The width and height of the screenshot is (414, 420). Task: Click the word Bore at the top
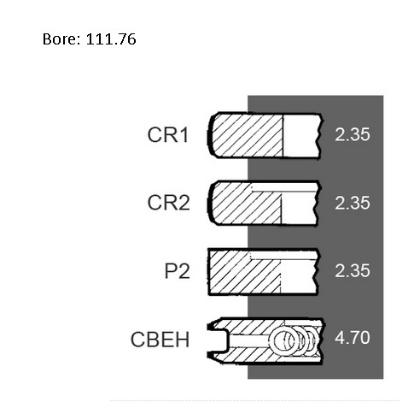click(61, 38)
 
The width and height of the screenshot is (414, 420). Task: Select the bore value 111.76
click(111, 38)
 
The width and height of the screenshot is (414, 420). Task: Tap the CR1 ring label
click(168, 134)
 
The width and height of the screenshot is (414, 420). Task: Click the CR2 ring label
click(168, 203)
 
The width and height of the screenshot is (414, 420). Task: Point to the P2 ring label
click(177, 271)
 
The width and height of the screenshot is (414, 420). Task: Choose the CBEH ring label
click(160, 340)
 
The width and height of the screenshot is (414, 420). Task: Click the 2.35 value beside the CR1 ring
click(353, 134)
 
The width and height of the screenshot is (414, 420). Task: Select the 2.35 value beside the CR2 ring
click(353, 203)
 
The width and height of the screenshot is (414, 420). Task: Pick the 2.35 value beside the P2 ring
click(353, 270)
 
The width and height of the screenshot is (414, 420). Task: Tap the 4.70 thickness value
click(353, 338)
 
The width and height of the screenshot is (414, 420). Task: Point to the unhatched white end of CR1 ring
click(302, 136)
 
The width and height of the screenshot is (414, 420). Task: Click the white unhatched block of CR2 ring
click(299, 208)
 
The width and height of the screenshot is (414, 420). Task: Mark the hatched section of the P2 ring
click(244, 271)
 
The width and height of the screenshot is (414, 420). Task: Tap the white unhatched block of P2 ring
click(299, 276)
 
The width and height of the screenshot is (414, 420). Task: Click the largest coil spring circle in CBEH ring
click(271, 340)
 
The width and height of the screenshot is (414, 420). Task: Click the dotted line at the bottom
click(254, 400)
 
